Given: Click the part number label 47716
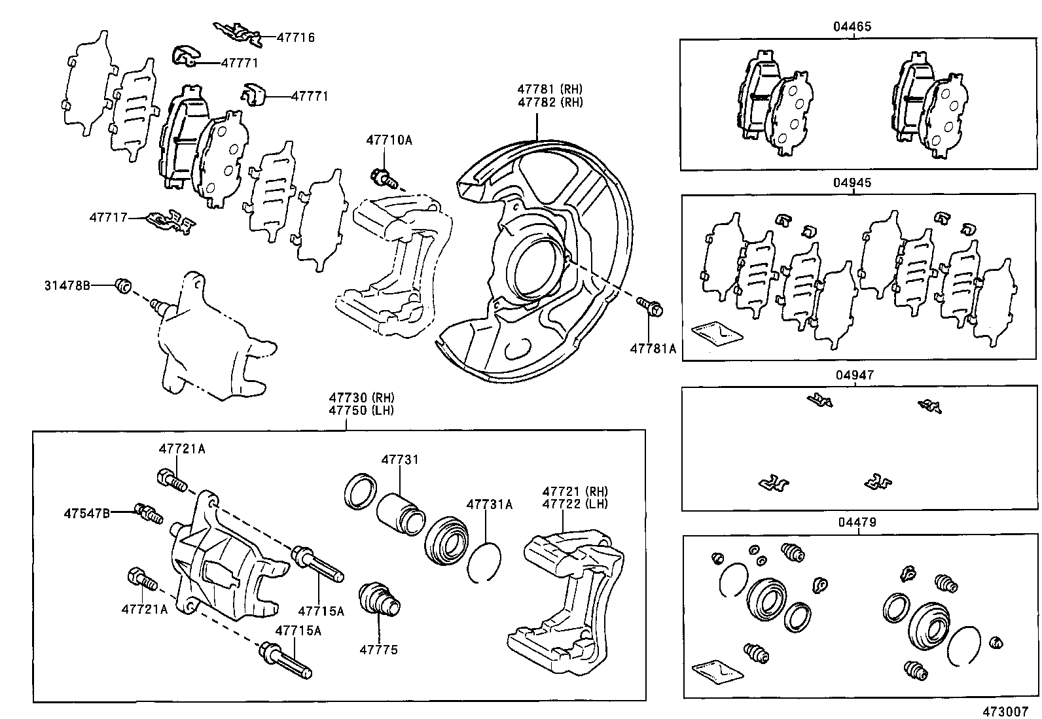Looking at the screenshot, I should pos(295,37).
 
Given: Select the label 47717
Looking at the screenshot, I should pos(109,217).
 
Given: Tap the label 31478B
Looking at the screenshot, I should pos(67,285).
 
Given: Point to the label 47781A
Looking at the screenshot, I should pos(653,349).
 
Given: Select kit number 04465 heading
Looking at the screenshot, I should pos(852,27).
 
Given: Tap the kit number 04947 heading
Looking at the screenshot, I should pos(854,376).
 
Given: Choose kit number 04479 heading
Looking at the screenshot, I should pos(856,523).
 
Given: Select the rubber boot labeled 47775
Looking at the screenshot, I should pos(379,597).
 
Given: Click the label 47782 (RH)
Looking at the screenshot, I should pos(550,102).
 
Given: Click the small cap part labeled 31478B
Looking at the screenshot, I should pos(123,286).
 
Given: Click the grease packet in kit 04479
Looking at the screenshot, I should pos(717,671).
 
